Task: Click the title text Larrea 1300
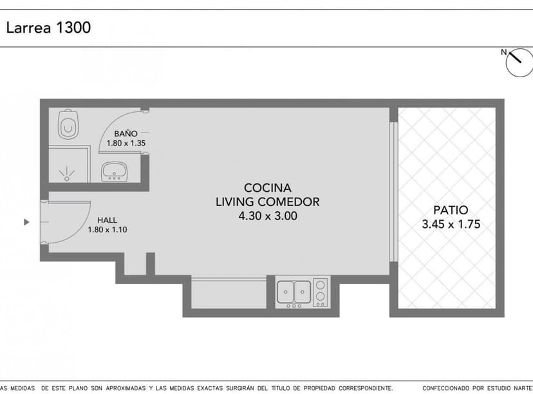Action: tap(48, 28)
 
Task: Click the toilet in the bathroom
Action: tap(68, 124)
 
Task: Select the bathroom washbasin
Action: tap(114, 171)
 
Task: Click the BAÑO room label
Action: tap(126, 133)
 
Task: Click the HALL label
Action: tap(107, 219)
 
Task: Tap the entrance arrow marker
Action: tap(26, 222)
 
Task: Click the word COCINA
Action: tap(267, 187)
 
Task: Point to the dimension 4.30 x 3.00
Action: tap(267, 216)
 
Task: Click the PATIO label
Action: tap(451, 210)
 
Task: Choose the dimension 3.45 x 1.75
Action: tap(451, 225)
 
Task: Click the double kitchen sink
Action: tap(294, 292)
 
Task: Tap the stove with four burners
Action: tap(321, 292)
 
